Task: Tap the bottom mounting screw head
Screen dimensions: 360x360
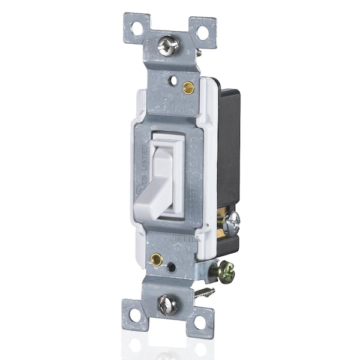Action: point(167,305)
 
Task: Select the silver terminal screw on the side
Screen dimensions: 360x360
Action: point(231,223)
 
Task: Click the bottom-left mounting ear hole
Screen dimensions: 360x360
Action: point(135,314)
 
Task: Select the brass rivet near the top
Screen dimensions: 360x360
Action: point(188,87)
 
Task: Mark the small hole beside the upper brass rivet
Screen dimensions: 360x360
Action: point(173,79)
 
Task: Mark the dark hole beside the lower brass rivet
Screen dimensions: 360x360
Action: point(172,268)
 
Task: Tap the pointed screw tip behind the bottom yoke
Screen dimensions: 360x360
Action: point(205,293)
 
